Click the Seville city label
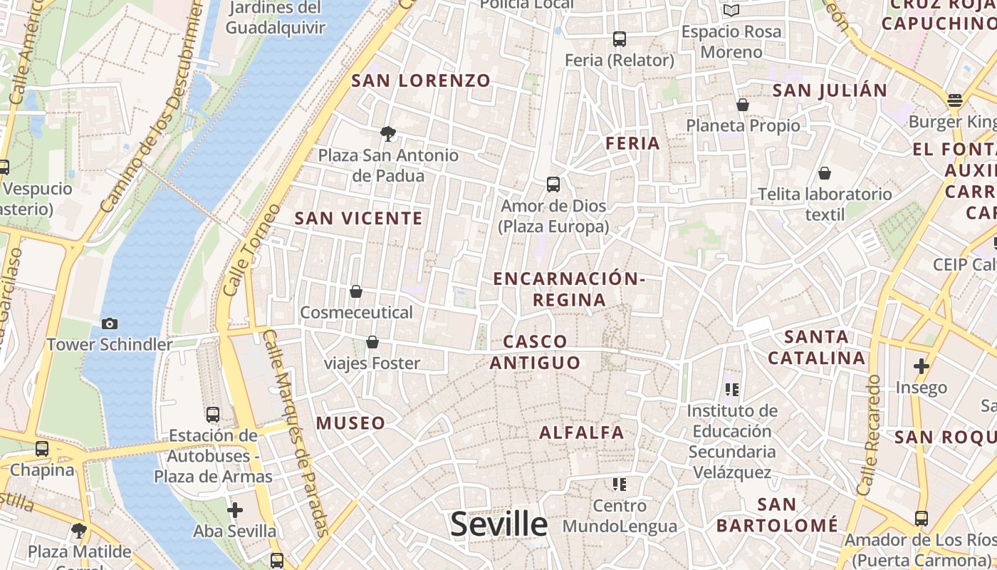tap(499, 524)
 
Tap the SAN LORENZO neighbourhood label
tap(421, 81)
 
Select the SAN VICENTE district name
tap(359, 219)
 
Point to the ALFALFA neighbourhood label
tap(581, 432)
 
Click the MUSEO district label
tap(351, 423)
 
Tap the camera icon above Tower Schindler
tap(110, 324)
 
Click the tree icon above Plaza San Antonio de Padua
tap(388, 133)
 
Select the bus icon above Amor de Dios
tap(553, 185)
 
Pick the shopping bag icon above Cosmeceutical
tap(356, 291)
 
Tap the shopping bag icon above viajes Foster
tap(372, 343)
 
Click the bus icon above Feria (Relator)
tap(620, 39)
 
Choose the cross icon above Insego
tap(922, 366)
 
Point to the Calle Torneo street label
tap(242, 250)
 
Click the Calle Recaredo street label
tap(870, 435)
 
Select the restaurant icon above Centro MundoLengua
tap(620, 484)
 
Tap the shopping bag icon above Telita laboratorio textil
tap(825, 173)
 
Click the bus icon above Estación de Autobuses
tap(212, 414)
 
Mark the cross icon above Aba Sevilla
tap(235, 510)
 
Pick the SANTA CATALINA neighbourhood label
tap(816, 347)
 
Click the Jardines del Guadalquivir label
tap(275, 18)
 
